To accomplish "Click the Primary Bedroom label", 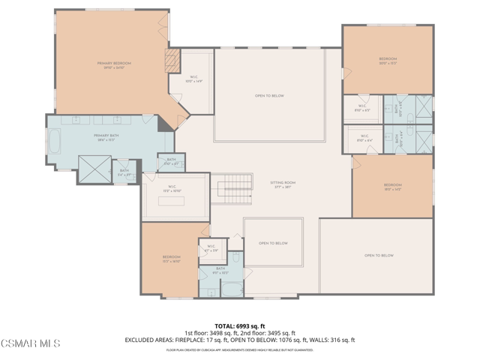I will click(109, 65).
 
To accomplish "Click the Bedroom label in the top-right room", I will click(387, 60).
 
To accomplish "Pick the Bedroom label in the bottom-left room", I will click(171, 259).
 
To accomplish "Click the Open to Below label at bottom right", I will click(379, 256).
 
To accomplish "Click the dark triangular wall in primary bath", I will click(163, 124).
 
